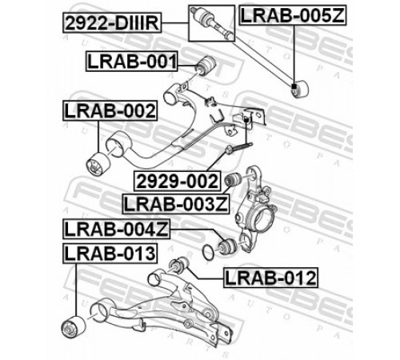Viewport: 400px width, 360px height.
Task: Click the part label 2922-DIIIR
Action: coord(112,22)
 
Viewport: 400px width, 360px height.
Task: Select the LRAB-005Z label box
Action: coord(293,15)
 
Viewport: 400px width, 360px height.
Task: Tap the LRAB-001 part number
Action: coord(132,62)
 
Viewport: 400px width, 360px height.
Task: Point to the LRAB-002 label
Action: coord(110,110)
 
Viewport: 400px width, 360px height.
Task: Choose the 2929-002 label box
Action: coord(178,181)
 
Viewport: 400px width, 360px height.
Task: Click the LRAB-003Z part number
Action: coord(176,204)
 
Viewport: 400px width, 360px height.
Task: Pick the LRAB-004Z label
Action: coord(116,229)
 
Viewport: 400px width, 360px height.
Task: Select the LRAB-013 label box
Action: coord(110,253)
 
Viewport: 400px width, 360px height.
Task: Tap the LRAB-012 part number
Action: coord(270,278)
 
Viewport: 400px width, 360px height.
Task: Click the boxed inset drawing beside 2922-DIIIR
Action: coord(212,23)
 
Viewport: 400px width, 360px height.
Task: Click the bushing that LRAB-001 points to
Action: coord(206,66)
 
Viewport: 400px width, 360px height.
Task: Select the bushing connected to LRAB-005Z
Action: coord(300,89)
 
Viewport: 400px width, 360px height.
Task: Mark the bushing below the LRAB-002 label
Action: coord(98,164)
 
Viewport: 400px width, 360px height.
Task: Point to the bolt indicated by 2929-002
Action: coord(239,148)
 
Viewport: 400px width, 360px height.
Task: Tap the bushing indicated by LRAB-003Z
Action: coord(233,180)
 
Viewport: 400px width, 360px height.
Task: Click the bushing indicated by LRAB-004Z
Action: coord(227,246)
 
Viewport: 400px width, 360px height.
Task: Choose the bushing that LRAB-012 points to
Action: coord(179,264)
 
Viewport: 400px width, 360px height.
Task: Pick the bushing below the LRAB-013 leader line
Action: coord(74,327)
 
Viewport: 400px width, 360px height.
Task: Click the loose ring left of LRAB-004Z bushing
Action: coord(208,251)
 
